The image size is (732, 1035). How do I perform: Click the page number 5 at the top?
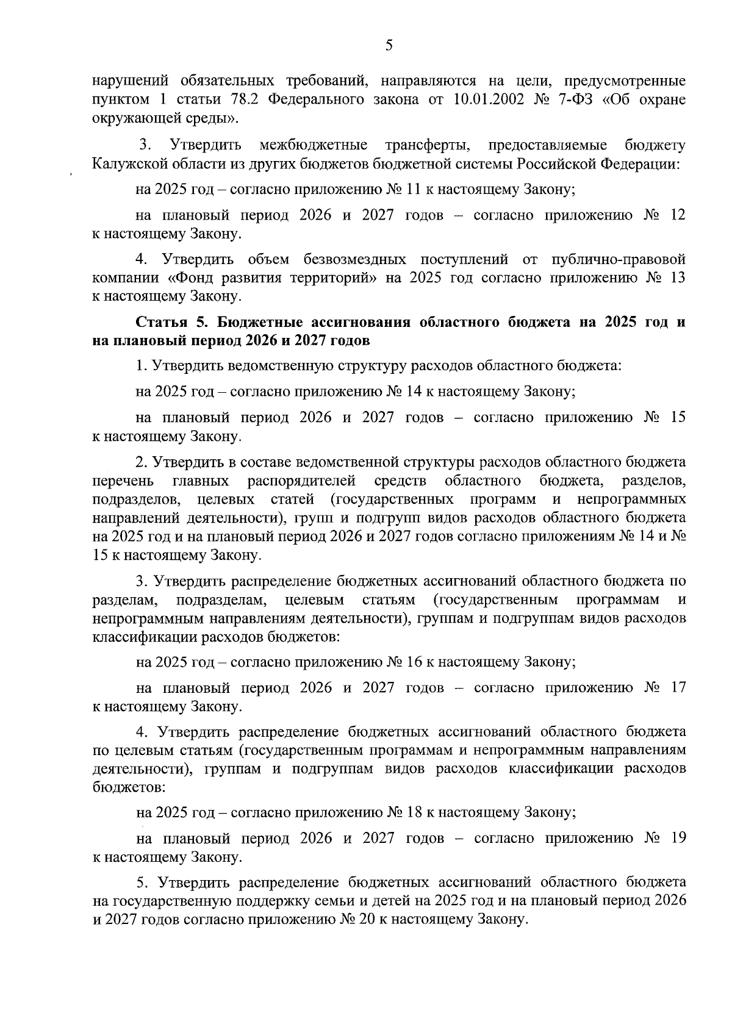pyautogui.click(x=389, y=45)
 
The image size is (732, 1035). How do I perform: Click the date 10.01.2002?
pyautogui.click(x=494, y=99)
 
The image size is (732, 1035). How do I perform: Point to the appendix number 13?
pyautogui.click(x=676, y=278)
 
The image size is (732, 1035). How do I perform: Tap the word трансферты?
pyautogui.click(x=428, y=146)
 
